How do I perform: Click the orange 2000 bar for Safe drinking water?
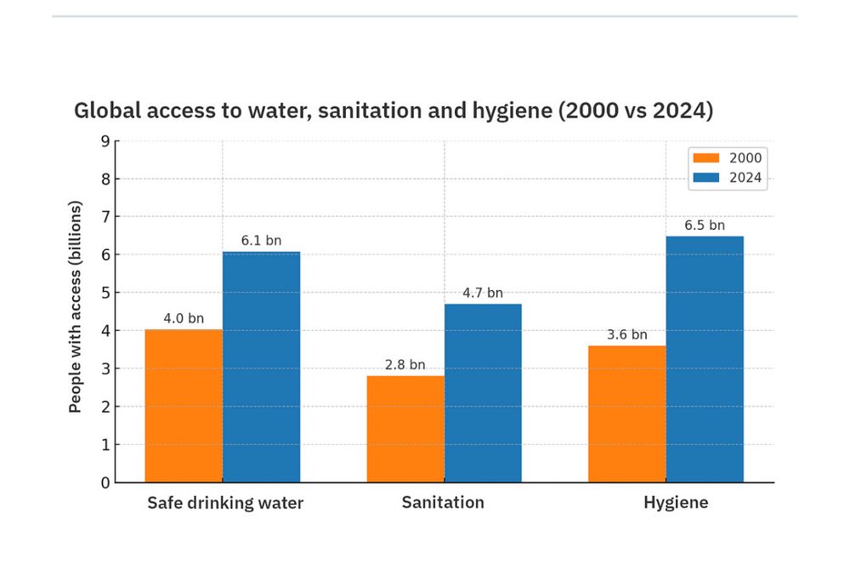(184, 406)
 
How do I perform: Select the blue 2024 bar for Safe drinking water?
(261, 367)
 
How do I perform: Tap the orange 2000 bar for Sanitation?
(405, 429)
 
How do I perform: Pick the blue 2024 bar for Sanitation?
(483, 393)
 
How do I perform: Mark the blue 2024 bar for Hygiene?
(705, 359)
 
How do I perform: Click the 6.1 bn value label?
(261, 241)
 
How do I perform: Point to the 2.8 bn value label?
(405, 365)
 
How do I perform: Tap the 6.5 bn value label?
(705, 225)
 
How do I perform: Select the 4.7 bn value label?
(483, 294)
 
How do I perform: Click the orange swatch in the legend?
(705, 158)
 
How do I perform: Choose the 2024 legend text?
(745, 178)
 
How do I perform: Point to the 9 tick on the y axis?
(105, 141)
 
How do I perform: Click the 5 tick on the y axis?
(105, 293)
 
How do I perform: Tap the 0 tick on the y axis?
(105, 482)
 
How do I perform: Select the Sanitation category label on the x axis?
(443, 503)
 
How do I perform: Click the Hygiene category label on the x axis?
(676, 503)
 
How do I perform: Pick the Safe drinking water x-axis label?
(225, 503)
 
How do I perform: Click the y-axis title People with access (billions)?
(76, 307)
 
